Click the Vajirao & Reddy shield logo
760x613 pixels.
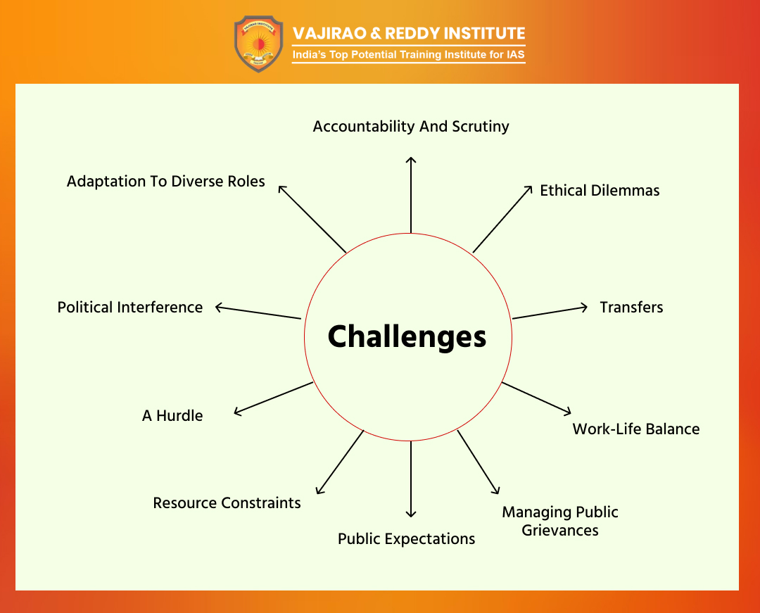pyautogui.click(x=258, y=44)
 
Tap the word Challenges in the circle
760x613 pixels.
pyautogui.click(x=407, y=337)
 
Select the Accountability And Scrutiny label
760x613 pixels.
pyautogui.click(x=411, y=127)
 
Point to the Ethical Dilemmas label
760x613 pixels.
pyautogui.click(x=600, y=191)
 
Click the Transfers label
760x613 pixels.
pyautogui.click(x=631, y=308)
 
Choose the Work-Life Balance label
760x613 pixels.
pyautogui.click(x=636, y=429)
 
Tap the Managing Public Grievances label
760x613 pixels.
pyautogui.click(x=560, y=521)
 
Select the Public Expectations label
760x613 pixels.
pyautogui.click(x=406, y=539)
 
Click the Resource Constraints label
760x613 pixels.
pyautogui.click(x=227, y=503)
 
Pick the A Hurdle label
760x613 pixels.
pyautogui.click(x=172, y=416)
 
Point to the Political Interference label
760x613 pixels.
pyautogui.click(x=130, y=308)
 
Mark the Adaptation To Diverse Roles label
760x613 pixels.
pyautogui.click(x=166, y=182)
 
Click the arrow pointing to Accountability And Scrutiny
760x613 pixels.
pyautogui.click(x=411, y=195)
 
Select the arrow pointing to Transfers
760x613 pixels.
pyautogui.click(x=550, y=312)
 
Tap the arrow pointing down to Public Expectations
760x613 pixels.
pyautogui.click(x=411, y=479)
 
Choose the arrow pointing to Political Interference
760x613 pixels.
pyautogui.click(x=258, y=312)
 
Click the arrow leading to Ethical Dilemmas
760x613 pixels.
pyautogui.click(x=502, y=219)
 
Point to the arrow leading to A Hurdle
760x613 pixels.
pyautogui.click(x=273, y=398)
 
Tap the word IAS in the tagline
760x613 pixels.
pyautogui.click(x=516, y=54)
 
